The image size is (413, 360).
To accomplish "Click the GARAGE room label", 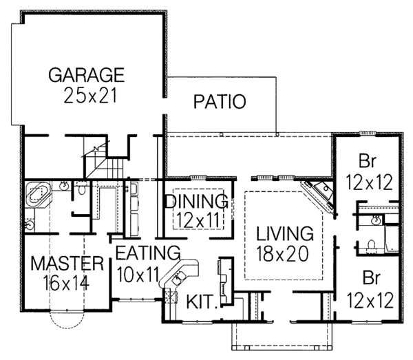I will coord(86,74).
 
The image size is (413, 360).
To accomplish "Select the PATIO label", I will coord(220,103).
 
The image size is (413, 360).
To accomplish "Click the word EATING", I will coord(147,252).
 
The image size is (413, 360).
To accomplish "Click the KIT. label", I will coord(204,301).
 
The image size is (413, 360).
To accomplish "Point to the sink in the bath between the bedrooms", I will coord(376,220).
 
